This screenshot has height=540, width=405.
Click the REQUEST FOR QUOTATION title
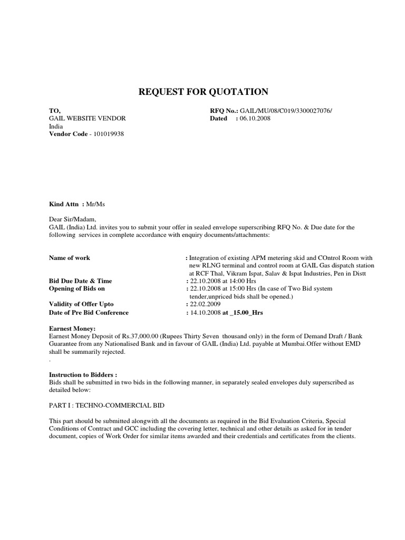(x=203, y=92)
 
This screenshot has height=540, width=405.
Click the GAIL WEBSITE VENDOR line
(x=87, y=119)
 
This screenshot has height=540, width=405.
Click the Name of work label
(x=69, y=258)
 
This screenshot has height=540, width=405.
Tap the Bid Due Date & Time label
(x=80, y=281)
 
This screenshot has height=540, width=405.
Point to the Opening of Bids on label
(x=77, y=289)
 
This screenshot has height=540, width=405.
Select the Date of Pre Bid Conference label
(x=89, y=313)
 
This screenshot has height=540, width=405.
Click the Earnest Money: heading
(x=72, y=329)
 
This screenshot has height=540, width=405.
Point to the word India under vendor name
(x=56, y=127)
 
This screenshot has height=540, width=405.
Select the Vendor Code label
(x=68, y=134)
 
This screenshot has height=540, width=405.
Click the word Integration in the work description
(x=207, y=258)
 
